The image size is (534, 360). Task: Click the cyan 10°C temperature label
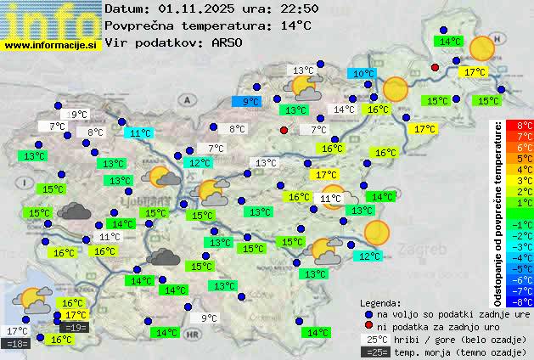363,74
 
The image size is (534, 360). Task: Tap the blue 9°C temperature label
252,101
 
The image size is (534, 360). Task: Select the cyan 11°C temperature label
140,132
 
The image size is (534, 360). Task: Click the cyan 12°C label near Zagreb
369,256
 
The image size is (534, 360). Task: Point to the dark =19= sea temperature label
75,327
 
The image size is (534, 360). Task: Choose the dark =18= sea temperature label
16,343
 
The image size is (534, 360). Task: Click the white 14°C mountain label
344,110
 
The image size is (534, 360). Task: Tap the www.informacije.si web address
51,44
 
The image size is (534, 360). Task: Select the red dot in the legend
368,326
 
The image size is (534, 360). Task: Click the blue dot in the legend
368,313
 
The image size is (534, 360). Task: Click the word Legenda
380,302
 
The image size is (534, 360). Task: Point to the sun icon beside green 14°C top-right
481,48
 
